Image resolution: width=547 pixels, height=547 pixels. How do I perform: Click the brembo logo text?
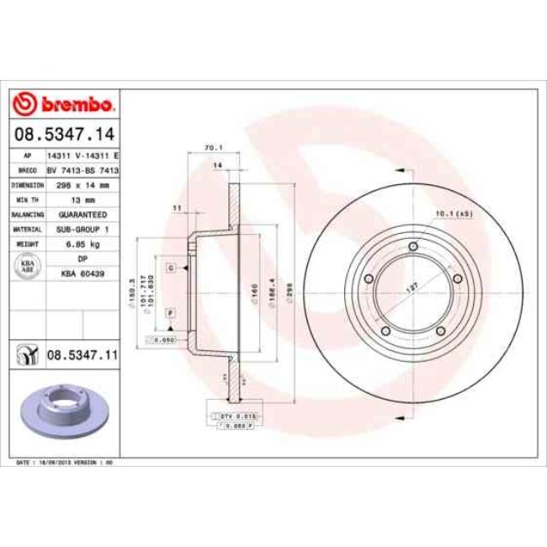coord(73,104)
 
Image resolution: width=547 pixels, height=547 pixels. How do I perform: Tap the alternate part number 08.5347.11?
coord(81,357)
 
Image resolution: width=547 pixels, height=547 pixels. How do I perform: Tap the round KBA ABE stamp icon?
coord(26,267)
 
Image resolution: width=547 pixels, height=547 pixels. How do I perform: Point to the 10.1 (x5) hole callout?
coord(455,214)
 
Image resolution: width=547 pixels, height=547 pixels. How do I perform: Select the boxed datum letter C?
coord(171,267)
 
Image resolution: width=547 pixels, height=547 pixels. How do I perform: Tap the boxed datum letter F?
coord(171,312)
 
